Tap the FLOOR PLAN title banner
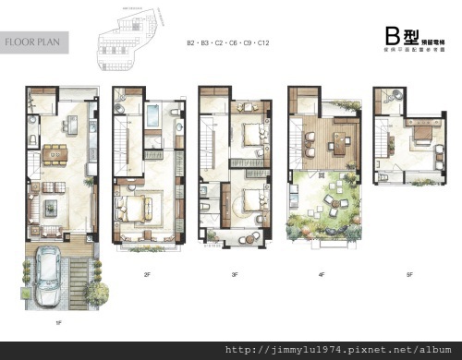point(34,42)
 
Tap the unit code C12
point(263,43)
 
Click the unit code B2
point(191,43)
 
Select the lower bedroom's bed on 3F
point(246,200)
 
